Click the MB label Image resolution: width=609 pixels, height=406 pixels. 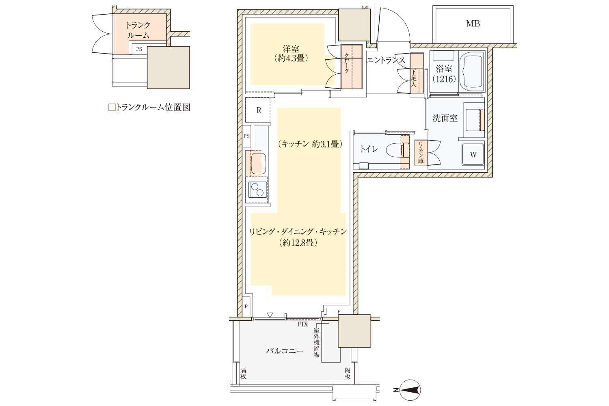pyautogui.click(x=473, y=24)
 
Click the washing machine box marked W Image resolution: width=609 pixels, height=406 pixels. pyautogui.click(x=473, y=154)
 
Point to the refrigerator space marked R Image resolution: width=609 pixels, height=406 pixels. pyautogui.click(x=258, y=110)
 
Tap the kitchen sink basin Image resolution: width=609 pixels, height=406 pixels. pyautogui.click(x=258, y=164)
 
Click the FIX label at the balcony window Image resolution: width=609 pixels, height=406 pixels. pyautogui.click(x=302, y=324)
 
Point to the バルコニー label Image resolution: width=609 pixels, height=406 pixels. pyautogui.click(x=285, y=351)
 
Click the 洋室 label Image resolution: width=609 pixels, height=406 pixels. pyautogui.click(x=291, y=49)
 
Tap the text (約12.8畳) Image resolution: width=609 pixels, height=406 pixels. pyautogui.click(x=298, y=242)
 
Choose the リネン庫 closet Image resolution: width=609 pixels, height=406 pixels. pyautogui.click(x=421, y=153)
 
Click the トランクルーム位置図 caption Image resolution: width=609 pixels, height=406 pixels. pyautogui.click(x=149, y=108)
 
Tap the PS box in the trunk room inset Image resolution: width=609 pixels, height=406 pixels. pyautogui.click(x=139, y=49)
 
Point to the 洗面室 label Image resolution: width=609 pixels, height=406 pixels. pyautogui.click(x=445, y=118)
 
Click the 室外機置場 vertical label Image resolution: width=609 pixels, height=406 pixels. pyautogui.click(x=316, y=343)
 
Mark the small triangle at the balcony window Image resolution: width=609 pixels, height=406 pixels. pyautogui.click(x=270, y=315)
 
